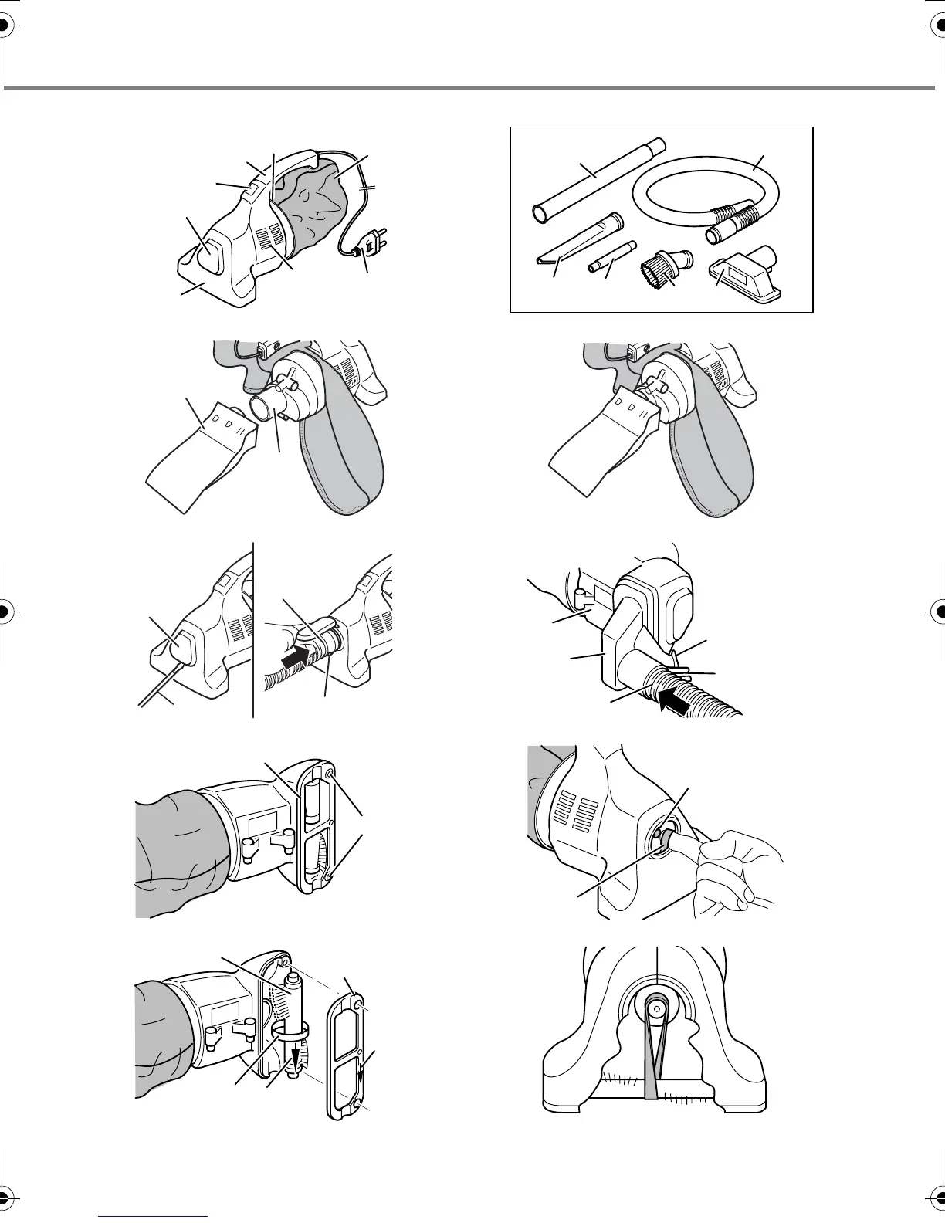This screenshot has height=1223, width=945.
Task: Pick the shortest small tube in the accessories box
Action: tap(611, 257)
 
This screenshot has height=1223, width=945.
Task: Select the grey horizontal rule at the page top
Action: tap(472, 88)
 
